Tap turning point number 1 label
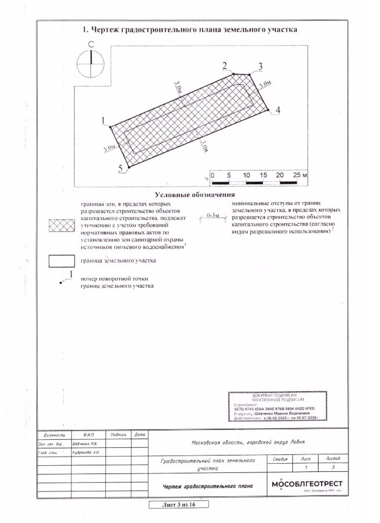[x=102, y=120]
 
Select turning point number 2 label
[x=225, y=65]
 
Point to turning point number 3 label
[x=260, y=66]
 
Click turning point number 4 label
[x=278, y=111]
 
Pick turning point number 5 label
[x=120, y=168]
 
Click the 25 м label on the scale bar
[x=300, y=175]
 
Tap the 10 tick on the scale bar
[x=247, y=175]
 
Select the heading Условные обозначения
[x=194, y=194]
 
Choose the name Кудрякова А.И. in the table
[x=85, y=452]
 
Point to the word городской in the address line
[x=253, y=443]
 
